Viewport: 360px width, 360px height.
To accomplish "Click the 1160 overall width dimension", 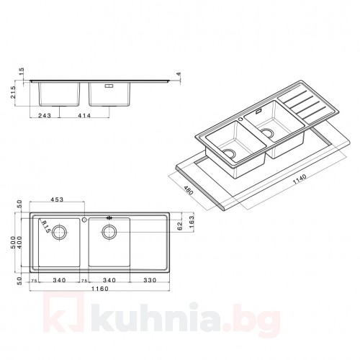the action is (99, 289).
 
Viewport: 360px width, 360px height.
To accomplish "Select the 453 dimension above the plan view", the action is (57, 199).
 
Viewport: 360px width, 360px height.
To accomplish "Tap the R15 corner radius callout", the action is (45, 227).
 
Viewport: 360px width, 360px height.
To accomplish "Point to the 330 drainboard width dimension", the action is (150, 280).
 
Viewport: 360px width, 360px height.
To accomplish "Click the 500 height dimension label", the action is (13, 243).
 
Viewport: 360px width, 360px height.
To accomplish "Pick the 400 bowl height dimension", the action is (19, 243).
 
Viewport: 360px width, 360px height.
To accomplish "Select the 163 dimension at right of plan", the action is (191, 222).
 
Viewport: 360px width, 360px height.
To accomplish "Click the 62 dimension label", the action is (180, 226).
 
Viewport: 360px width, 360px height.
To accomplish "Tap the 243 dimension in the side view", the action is (45, 116).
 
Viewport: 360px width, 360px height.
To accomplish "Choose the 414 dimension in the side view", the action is (84, 116).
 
